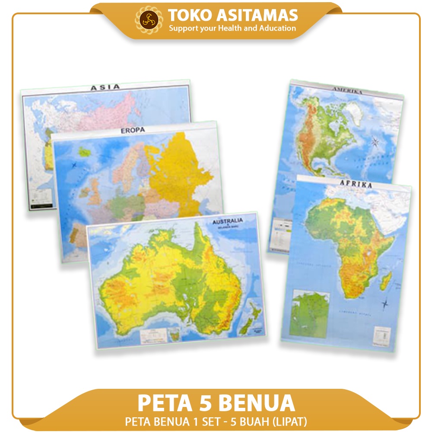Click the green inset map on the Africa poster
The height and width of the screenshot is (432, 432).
310,314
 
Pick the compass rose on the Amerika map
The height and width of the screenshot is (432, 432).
375,141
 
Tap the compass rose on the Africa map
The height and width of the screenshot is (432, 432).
384,305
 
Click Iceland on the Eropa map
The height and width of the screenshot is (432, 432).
85,152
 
